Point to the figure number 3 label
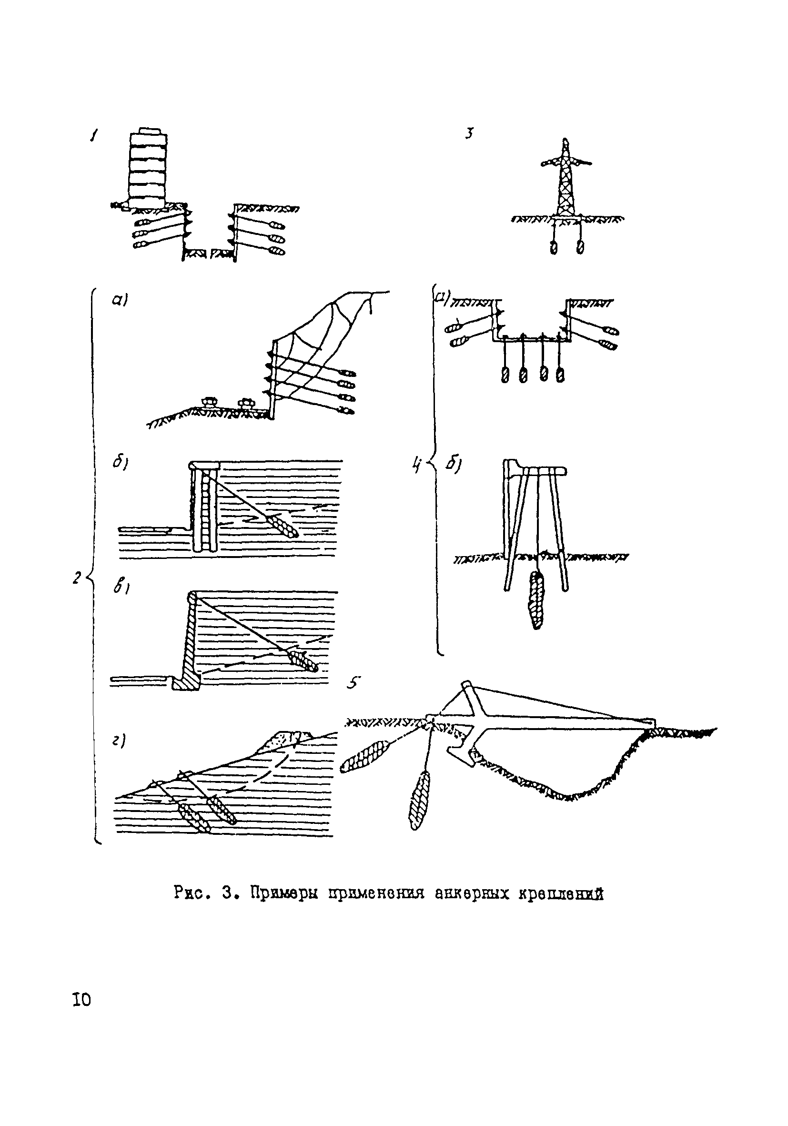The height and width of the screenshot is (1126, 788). [469, 133]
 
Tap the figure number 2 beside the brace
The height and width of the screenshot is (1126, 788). [76, 578]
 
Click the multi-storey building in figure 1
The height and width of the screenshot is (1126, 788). [147, 167]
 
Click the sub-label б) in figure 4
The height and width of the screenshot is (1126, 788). [452, 464]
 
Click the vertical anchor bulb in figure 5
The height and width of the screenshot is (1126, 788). [419, 800]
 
